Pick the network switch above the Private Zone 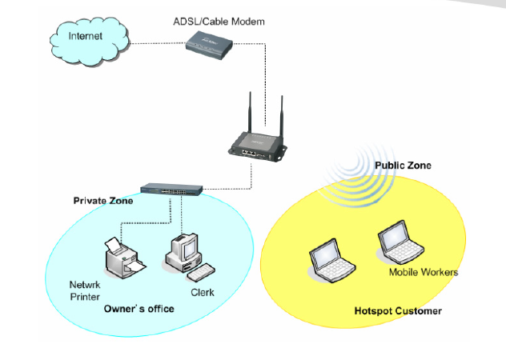(x=171, y=191)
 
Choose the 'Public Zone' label (x=402, y=166)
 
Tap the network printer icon (x=120, y=256)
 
